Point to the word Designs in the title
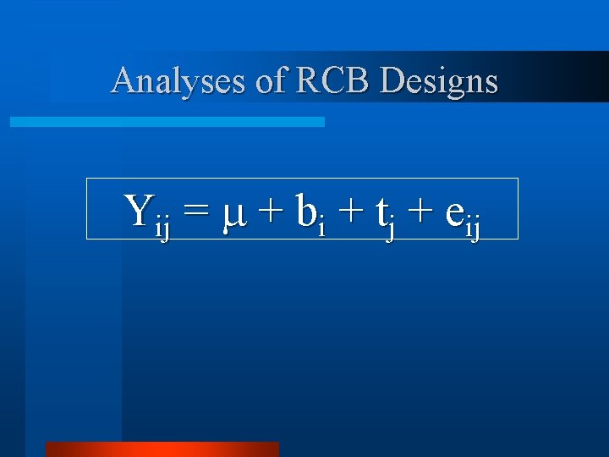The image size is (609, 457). pos(439,82)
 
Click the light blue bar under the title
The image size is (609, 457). pos(167,122)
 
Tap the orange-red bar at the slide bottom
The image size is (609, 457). pos(162,449)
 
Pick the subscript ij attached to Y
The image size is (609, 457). pos(162,228)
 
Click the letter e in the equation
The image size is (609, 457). pos(453,213)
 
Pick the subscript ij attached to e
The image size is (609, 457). pos(473,228)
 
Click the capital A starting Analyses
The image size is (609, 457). pos(123,80)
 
